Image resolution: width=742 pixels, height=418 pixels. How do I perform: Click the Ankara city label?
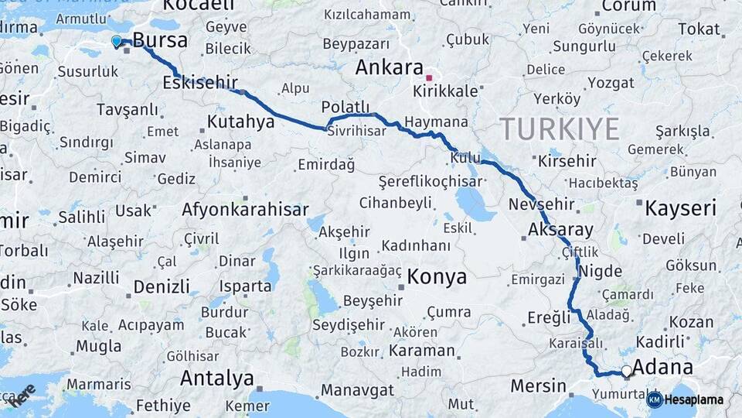click(x=389, y=67)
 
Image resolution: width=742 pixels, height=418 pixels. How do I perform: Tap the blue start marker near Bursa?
click(x=116, y=40)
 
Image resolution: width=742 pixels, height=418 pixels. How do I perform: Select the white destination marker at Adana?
click(x=626, y=372)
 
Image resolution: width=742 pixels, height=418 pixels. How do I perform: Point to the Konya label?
click(x=437, y=276)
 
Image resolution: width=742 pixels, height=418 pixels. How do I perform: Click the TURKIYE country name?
click(x=560, y=128)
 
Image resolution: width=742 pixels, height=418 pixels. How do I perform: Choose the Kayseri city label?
click(x=680, y=207)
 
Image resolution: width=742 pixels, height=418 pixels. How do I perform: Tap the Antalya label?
click(x=216, y=379)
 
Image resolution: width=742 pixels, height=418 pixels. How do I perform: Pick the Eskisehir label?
click(x=200, y=82)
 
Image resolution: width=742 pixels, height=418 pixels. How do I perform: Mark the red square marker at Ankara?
click(x=428, y=77)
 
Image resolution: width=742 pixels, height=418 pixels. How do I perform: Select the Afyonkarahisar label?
click(x=245, y=209)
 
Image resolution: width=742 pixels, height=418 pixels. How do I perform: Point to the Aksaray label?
click(x=560, y=230)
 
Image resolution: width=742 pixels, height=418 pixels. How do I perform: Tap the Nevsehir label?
click(x=542, y=205)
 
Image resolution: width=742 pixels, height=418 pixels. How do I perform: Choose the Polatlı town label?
click(x=345, y=107)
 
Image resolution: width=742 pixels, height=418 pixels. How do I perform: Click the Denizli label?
click(x=161, y=287)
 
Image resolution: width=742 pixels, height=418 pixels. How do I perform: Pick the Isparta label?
click(x=245, y=286)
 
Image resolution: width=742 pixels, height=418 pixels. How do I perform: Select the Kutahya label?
click(x=241, y=122)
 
